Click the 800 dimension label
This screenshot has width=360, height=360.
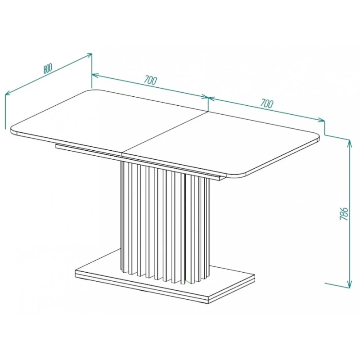pyautogui.click(x=48, y=68)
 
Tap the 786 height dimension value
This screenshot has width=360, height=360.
pyautogui.click(x=344, y=214)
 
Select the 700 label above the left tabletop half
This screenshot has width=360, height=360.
pyautogui.click(x=151, y=81)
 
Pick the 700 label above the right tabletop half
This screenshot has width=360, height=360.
pyautogui.click(x=267, y=103)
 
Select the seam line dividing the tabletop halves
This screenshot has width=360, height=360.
pyautogui.click(x=165, y=133)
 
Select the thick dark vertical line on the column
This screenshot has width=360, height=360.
pyautogui.click(x=185, y=227)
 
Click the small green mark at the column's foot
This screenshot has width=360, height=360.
pyautogui.click(x=187, y=282)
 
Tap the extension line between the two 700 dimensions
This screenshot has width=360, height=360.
pyautogui.click(x=208, y=104)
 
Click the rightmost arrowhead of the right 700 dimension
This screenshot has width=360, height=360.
pyautogui.click(x=321, y=120)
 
